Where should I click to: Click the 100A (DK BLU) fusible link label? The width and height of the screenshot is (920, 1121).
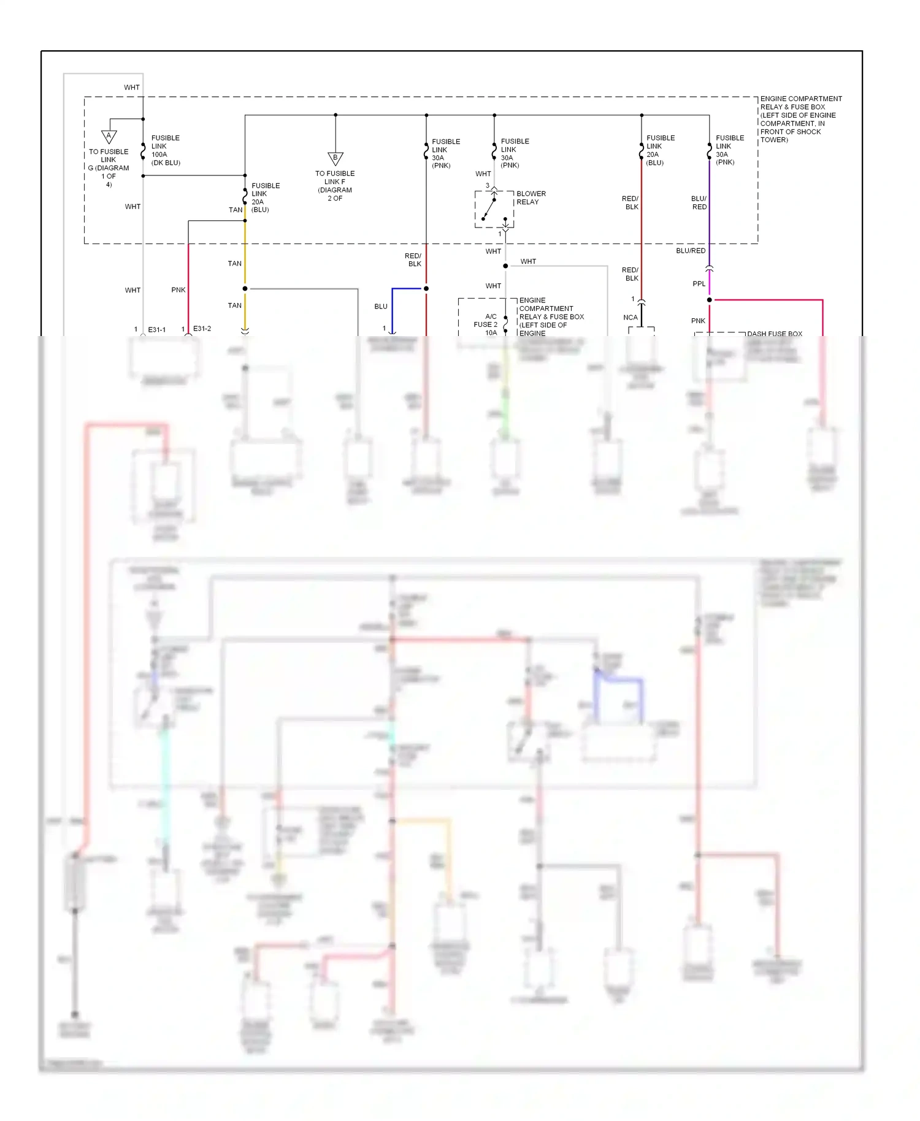[x=165, y=150]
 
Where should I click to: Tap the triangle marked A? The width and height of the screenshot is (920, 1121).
[x=109, y=136]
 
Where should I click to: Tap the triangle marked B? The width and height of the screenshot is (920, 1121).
[x=335, y=158]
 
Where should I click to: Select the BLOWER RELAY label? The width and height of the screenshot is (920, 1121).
[x=531, y=197]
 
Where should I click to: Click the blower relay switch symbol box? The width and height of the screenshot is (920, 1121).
[x=494, y=209]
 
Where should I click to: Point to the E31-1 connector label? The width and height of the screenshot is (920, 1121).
[x=156, y=329]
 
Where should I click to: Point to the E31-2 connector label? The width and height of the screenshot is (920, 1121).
[x=202, y=329]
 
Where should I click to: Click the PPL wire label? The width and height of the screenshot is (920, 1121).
[x=699, y=284]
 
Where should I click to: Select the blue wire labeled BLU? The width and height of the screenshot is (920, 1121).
[x=393, y=307]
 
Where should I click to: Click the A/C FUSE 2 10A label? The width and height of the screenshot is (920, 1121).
[x=486, y=324]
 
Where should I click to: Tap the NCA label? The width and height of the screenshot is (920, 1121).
[x=630, y=317]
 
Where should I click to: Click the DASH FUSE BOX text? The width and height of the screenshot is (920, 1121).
[x=774, y=334]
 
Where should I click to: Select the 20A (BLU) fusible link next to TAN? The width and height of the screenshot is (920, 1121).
[x=265, y=197]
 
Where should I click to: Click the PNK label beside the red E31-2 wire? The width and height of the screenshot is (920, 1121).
[x=178, y=289]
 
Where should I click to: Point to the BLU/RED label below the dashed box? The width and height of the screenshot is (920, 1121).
[x=691, y=251]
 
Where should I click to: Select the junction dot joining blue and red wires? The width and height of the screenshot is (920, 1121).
[x=426, y=288]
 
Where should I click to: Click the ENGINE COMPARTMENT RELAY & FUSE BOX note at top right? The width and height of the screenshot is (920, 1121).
[x=800, y=119]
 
